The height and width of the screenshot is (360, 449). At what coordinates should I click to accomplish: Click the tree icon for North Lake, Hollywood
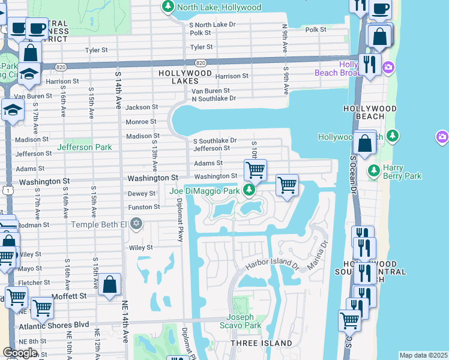(x=167, y=7)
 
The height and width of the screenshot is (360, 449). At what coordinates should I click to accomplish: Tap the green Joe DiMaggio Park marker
(x=249, y=191)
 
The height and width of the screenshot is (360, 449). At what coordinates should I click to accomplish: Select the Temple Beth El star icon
(x=136, y=224)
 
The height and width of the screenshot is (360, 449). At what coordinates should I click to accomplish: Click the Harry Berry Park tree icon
(x=373, y=170)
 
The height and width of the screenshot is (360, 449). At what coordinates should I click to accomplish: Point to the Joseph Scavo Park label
(x=244, y=321)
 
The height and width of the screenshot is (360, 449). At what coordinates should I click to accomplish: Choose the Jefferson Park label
(x=84, y=147)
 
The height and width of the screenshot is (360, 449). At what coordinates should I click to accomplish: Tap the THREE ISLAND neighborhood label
(x=262, y=343)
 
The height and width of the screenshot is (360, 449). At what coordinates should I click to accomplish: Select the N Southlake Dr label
(x=213, y=98)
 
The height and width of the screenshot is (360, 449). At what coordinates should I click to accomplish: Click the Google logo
(x=20, y=352)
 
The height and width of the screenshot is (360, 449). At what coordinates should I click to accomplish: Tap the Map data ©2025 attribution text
(x=423, y=355)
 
